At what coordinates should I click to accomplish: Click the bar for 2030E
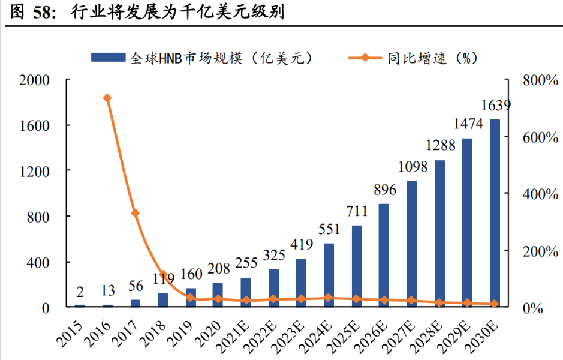(495, 213)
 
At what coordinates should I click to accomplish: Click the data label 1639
(496, 106)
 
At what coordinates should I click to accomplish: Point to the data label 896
(384, 190)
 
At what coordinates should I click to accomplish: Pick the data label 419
(302, 244)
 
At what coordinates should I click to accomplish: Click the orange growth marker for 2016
(107, 98)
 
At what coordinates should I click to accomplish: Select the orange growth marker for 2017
(135, 213)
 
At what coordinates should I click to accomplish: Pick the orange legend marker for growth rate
(365, 58)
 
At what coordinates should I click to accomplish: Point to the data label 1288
(441, 145)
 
